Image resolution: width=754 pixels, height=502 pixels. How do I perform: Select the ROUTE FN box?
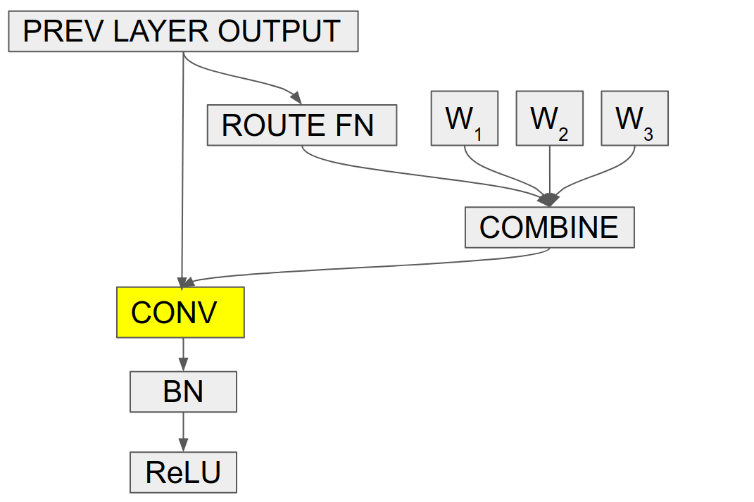[x=301, y=125]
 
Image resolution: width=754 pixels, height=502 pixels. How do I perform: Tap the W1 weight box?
[x=464, y=118]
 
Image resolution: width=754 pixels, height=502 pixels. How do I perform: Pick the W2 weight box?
[x=549, y=118]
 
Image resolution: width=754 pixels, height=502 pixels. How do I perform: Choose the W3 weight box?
[x=634, y=118]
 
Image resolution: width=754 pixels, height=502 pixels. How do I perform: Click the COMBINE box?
[x=549, y=227]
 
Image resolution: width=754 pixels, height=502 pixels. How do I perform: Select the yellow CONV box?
[x=180, y=312]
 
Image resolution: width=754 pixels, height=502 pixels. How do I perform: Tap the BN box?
[x=183, y=392]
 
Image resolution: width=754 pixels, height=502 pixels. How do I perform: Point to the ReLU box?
[x=183, y=472]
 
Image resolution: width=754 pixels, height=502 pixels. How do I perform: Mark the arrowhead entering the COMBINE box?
[x=549, y=200]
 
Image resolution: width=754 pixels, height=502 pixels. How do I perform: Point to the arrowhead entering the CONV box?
[x=182, y=281]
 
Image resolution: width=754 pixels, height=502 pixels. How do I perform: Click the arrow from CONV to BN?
[x=183, y=354]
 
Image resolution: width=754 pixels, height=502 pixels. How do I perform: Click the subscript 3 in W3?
[x=648, y=134]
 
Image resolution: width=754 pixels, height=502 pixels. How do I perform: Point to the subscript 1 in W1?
[x=478, y=134]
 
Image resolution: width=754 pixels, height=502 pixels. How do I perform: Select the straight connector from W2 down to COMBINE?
[x=549, y=169]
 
